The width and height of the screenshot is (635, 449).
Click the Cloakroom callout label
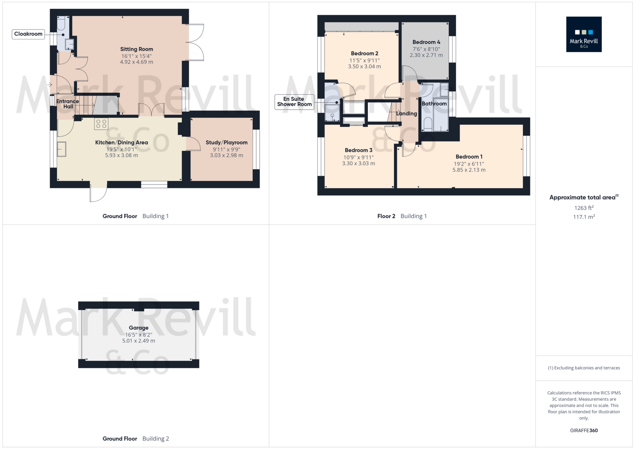(x=28, y=34)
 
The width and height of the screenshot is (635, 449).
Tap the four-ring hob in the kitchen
(x=101, y=123)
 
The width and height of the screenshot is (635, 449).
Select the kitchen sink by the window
(x=61, y=149)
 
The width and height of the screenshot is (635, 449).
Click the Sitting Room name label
(x=136, y=49)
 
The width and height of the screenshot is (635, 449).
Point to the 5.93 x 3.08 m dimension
(x=121, y=155)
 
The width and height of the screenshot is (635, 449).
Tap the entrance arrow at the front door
(x=50, y=85)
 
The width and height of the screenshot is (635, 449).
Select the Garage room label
(x=138, y=328)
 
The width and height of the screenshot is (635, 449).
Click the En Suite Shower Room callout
(x=294, y=102)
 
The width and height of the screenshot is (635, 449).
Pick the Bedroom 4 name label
(x=426, y=42)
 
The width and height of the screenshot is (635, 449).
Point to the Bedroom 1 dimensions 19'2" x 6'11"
(x=469, y=164)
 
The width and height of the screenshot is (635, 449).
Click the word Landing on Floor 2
(x=406, y=113)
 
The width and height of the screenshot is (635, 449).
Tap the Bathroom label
(x=434, y=103)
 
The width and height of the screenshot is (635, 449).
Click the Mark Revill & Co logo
(x=584, y=34)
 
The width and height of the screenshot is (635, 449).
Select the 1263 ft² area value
(x=584, y=208)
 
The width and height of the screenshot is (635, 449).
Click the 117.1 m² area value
(x=584, y=217)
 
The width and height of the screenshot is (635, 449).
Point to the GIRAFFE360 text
(x=584, y=431)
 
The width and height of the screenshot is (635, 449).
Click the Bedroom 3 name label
(x=358, y=150)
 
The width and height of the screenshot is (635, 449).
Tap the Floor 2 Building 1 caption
(x=402, y=216)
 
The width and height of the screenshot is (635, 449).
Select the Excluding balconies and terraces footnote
(x=584, y=368)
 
